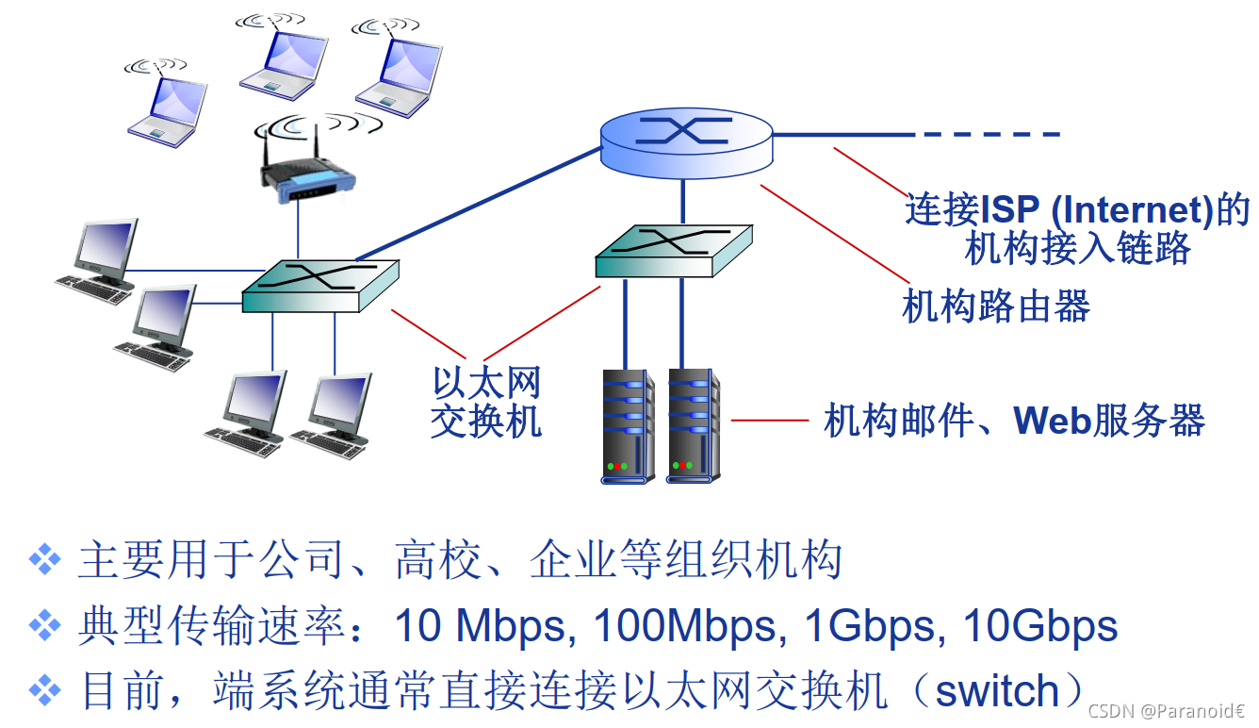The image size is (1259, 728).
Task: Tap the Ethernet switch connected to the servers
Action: [673, 251]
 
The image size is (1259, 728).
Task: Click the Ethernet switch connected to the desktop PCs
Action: [320, 286]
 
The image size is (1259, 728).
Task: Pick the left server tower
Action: [628, 426]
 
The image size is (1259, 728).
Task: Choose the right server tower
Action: [693, 426]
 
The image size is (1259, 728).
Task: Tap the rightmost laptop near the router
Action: [400, 68]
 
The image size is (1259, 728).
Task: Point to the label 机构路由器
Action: [996, 306]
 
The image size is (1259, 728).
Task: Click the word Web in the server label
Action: [1052, 421]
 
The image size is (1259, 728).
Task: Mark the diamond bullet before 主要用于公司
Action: [44, 560]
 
